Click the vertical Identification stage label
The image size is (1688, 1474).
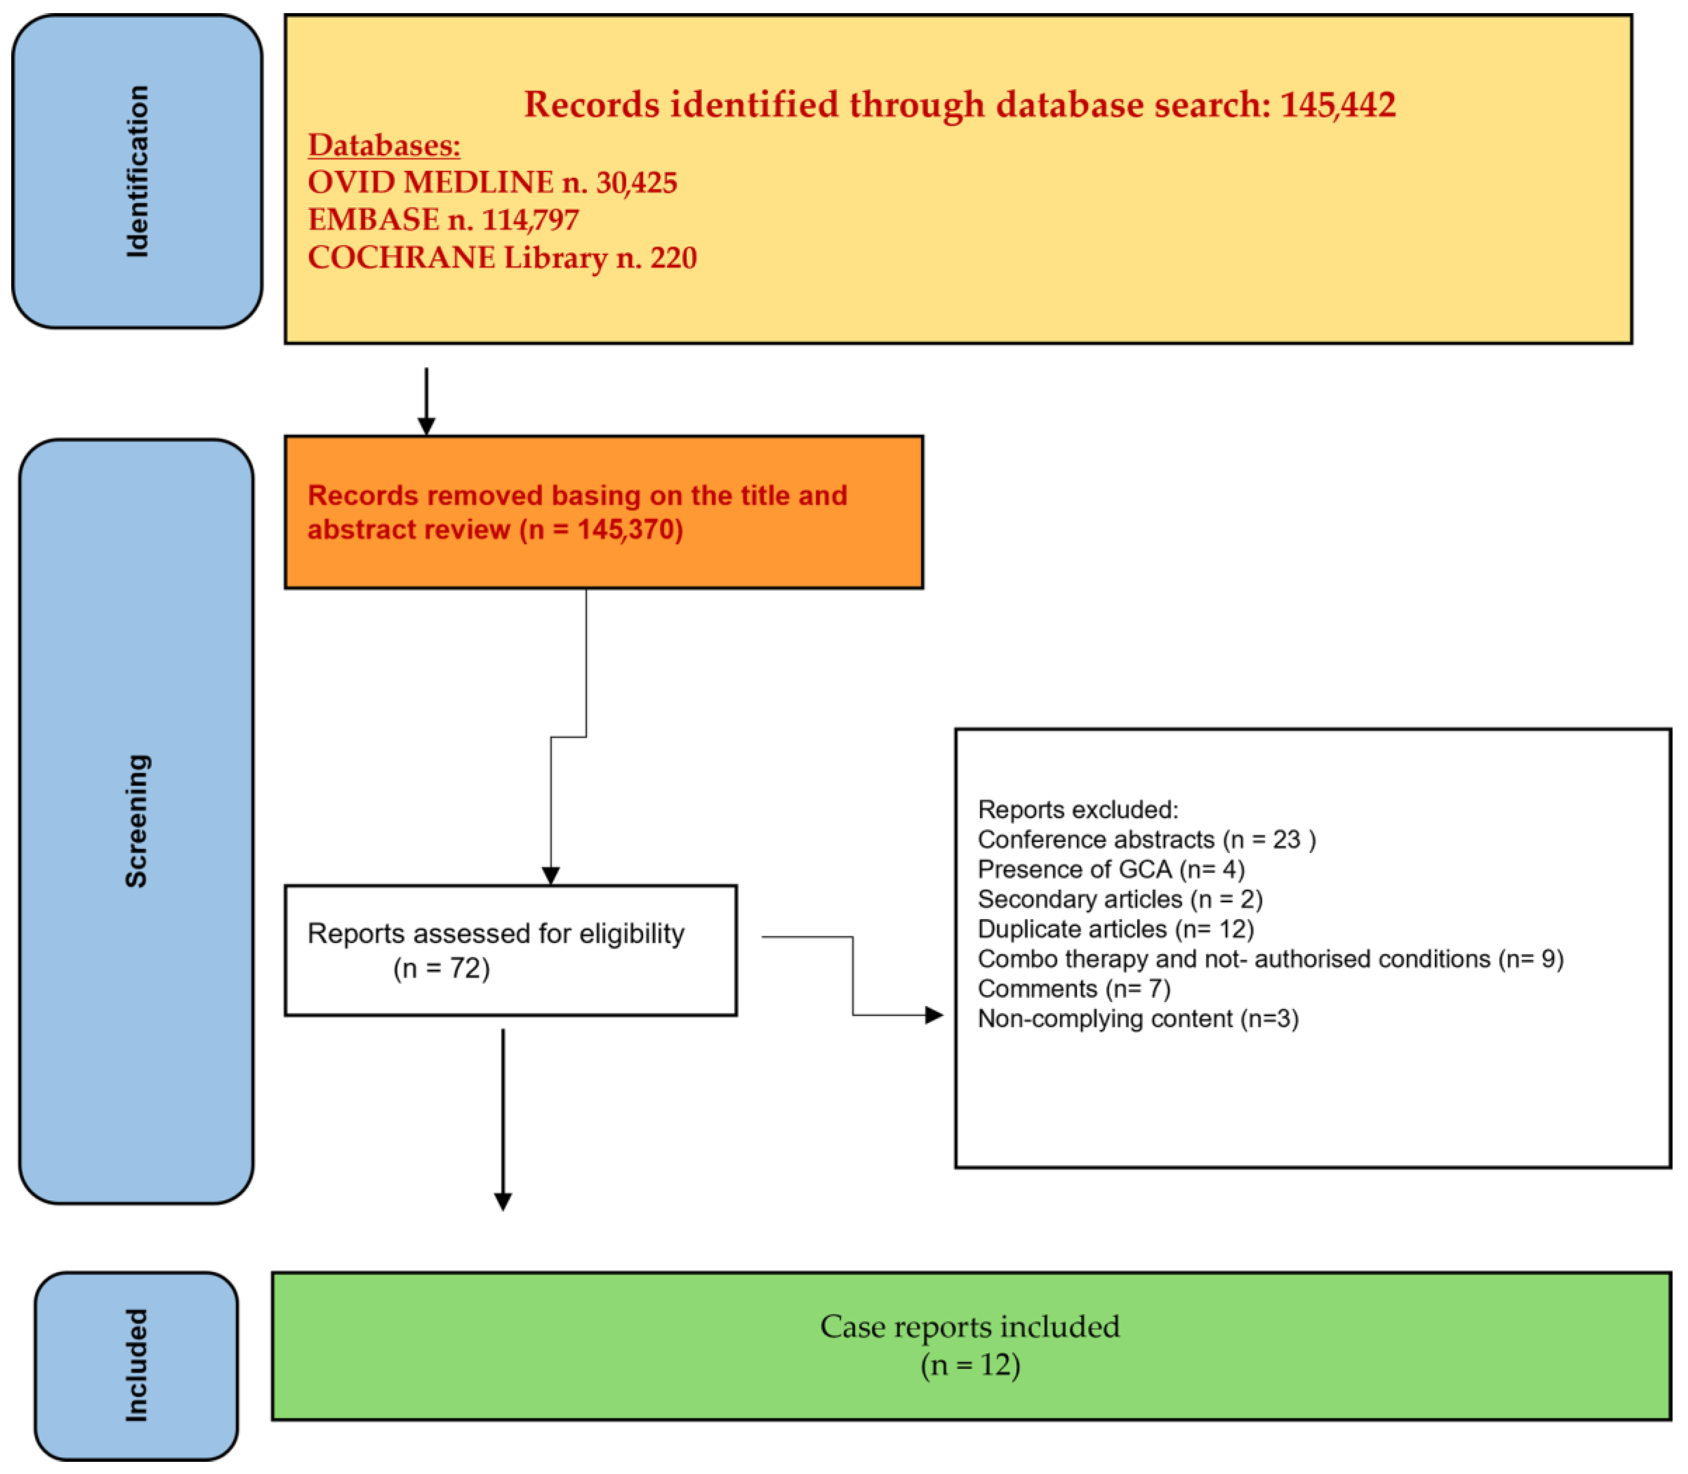coord(138,171)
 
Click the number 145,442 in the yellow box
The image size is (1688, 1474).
coord(1337,104)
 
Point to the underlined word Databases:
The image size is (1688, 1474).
coord(384,145)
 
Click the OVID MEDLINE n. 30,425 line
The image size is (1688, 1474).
coord(492,182)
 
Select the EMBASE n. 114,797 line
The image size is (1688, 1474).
coord(443,219)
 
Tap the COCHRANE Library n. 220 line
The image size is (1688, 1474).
coord(501,257)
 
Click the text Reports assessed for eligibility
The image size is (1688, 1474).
coord(495,934)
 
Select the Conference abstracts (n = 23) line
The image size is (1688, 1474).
coord(1146,839)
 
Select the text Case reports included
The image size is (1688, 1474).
coord(970,1327)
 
